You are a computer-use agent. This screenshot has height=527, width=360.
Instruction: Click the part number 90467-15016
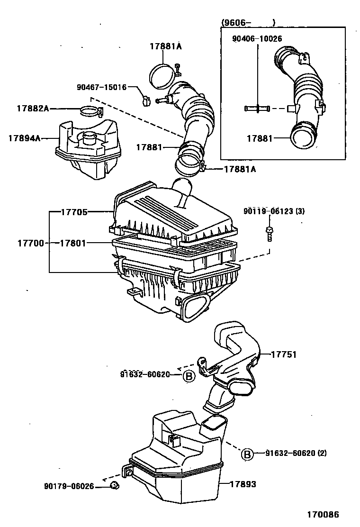(101, 87)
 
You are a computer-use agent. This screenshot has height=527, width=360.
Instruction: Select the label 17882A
(33, 109)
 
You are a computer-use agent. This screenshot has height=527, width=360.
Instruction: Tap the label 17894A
(24, 138)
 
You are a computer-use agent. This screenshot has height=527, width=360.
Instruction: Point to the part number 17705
(74, 212)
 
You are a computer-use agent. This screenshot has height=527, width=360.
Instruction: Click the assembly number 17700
(31, 243)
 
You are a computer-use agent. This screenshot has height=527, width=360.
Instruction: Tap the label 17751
(284, 354)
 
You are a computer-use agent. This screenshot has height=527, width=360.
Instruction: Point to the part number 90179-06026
(69, 486)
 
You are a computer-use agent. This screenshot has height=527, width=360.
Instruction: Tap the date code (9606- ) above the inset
(248, 22)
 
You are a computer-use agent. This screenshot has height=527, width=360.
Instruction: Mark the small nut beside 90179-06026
(114, 485)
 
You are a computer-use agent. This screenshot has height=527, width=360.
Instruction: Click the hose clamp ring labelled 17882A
(90, 112)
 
